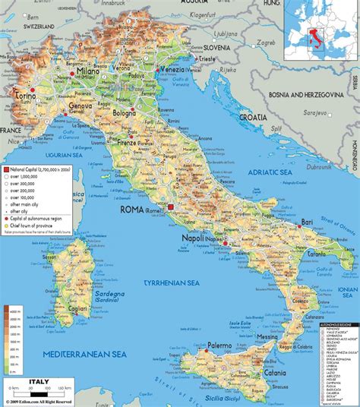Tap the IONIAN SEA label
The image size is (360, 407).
(x=347, y=292)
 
